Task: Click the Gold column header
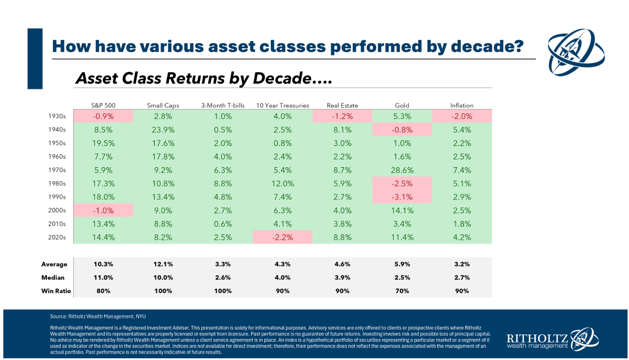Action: click(x=402, y=105)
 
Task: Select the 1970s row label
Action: click(x=57, y=170)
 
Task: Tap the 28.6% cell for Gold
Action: click(x=402, y=170)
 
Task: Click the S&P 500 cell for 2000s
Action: click(x=103, y=210)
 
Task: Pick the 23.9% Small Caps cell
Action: click(x=163, y=130)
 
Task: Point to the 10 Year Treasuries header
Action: click(x=282, y=105)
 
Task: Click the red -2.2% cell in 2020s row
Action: click(x=282, y=237)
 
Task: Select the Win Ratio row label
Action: click(x=56, y=291)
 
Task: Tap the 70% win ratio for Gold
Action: click(x=402, y=291)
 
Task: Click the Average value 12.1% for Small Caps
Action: click(x=163, y=264)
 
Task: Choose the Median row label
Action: click(x=53, y=277)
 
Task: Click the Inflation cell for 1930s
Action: click(x=462, y=116)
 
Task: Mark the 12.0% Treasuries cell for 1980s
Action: click(x=282, y=183)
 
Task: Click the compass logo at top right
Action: click(x=576, y=52)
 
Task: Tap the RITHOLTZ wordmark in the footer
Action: click(x=537, y=339)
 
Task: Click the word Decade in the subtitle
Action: click(x=282, y=78)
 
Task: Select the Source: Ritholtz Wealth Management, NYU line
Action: click(x=98, y=316)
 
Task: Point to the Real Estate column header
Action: click(x=342, y=105)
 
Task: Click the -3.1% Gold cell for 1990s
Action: click(x=402, y=197)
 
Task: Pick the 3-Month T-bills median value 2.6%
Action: click(x=223, y=277)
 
